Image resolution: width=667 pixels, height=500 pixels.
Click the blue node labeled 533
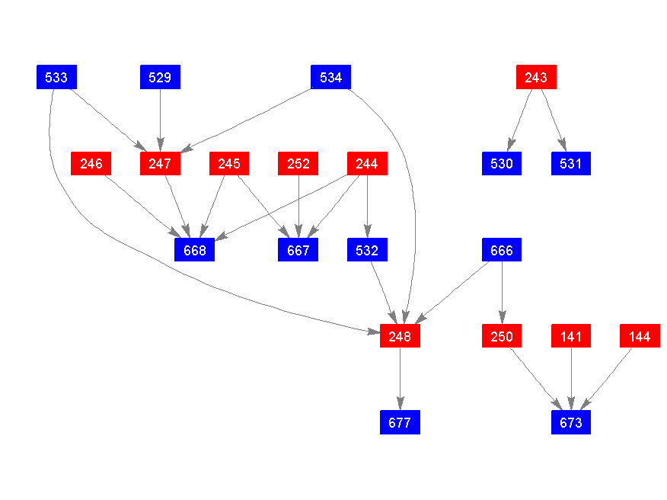pos(56,77)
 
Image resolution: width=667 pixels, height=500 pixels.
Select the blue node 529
pos(160,77)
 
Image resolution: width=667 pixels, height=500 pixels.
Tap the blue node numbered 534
pos(330,77)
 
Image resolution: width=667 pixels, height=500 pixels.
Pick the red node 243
pos(536,77)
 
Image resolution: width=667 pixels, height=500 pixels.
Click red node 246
pos(91,163)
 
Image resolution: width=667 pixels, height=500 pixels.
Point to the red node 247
pos(160,163)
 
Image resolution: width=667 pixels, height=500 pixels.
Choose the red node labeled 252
pos(298,163)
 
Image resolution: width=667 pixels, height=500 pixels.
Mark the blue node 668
pos(194,249)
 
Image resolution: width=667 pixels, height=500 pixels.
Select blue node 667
pos(298,249)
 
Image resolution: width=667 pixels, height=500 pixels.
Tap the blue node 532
pos(367,249)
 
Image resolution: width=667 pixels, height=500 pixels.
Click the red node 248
pos(400,335)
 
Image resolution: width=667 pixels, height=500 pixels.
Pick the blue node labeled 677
pos(400,421)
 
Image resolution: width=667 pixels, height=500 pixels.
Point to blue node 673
pos(571,421)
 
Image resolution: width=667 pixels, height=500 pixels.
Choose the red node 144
pos(640,335)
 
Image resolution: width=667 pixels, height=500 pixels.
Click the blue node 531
pos(571,163)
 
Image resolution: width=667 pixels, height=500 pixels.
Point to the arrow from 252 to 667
pos(298,206)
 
